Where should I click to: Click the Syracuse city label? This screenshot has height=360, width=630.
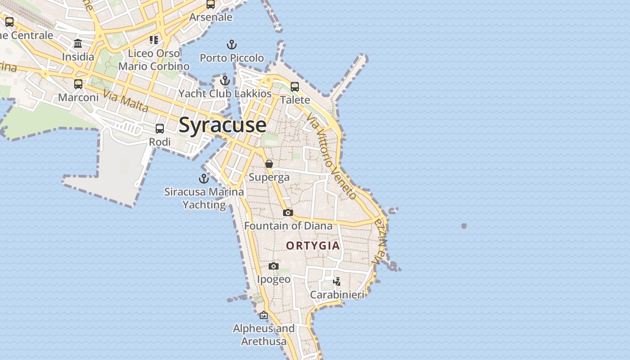(x=222, y=125)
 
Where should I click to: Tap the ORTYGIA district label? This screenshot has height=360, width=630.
(x=313, y=246)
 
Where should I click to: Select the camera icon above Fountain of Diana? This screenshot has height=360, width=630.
(x=288, y=212)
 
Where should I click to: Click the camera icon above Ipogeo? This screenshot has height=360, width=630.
(x=274, y=266)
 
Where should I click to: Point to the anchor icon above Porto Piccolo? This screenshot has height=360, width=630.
(x=231, y=45)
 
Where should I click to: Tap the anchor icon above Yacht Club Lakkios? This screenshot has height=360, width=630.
(x=225, y=81)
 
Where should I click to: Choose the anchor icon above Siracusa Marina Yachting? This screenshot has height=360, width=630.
(x=204, y=179)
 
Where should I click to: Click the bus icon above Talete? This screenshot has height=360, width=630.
(x=295, y=86)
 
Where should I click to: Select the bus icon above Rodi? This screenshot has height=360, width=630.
(x=160, y=129)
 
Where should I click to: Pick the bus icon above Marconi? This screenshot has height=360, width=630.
(x=78, y=84)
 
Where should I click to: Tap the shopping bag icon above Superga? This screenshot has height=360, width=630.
(x=269, y=164)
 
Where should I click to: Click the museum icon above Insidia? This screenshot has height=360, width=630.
(x=78, y=44)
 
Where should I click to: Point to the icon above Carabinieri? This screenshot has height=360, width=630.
(x=337, y=282)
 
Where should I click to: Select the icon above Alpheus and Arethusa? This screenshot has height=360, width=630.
(x=264, y=315)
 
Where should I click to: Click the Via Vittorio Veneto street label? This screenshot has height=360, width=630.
(x=332, y=156)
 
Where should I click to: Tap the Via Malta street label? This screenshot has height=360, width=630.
(x=126, y=101)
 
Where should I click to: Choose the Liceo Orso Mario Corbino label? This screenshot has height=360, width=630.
(x=154, y=60)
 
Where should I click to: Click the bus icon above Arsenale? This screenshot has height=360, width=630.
(x=211, y=4)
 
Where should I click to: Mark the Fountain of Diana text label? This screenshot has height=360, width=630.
(x=288, y=225)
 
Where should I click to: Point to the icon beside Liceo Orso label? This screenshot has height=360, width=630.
(x=154, y=40)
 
